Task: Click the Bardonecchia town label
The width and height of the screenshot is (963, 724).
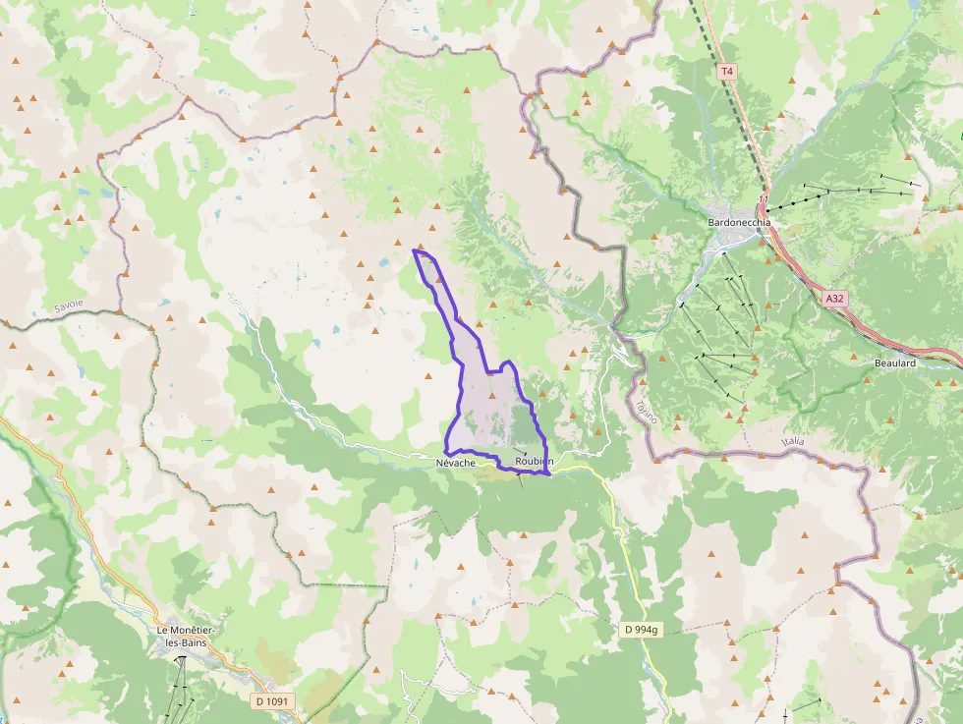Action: tap(739, 222)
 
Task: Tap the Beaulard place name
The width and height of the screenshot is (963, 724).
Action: tap(894, 363)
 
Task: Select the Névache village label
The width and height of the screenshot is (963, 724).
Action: tap(455, 462)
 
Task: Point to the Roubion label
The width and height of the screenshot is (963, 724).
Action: tap(534, 462)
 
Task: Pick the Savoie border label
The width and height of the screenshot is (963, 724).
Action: tap(69, 306)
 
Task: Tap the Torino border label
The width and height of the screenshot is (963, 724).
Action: tap(645, 412)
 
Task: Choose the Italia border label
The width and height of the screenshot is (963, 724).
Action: tap(792, 442)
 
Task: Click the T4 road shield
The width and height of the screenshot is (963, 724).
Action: tap(726, 72)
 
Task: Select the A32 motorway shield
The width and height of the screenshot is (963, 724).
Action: tap(834, 298)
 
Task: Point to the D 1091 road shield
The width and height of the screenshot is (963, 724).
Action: tap(272, 701)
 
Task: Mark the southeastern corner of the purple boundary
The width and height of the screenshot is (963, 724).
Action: tap(546, 473)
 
